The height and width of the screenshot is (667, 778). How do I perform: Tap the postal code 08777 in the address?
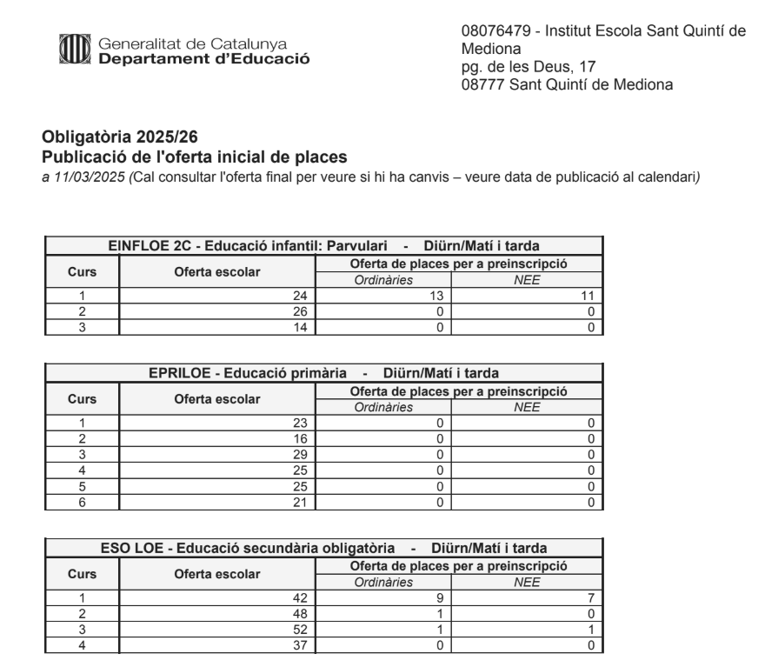click(484, 84)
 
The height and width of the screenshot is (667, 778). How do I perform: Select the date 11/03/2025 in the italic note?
click(83, 177)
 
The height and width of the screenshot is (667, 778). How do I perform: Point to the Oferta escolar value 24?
click(300, 297)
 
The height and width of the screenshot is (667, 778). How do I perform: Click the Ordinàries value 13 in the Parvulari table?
click(436, 297)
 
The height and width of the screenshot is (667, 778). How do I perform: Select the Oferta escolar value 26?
click(300, 311)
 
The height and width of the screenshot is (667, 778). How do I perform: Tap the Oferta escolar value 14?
click(300, 327)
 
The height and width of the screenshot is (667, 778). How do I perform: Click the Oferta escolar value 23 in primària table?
click(300, 423)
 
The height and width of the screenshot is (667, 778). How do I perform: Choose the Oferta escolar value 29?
click(300, 454)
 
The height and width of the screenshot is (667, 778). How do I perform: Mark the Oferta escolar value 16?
click(300, 438)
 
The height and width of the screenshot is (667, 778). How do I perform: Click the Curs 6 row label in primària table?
click(81, 502)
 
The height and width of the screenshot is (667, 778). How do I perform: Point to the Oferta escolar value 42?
click(300, 597)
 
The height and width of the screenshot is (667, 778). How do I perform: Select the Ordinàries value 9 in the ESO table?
click(441, 597)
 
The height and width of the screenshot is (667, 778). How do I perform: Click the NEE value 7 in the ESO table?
click(590, 597)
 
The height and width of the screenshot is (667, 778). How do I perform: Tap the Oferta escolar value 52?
click(300, 629)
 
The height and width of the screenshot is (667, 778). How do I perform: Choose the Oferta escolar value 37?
click(300, 644)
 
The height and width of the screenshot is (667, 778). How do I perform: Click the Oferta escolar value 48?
click(300, 613)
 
